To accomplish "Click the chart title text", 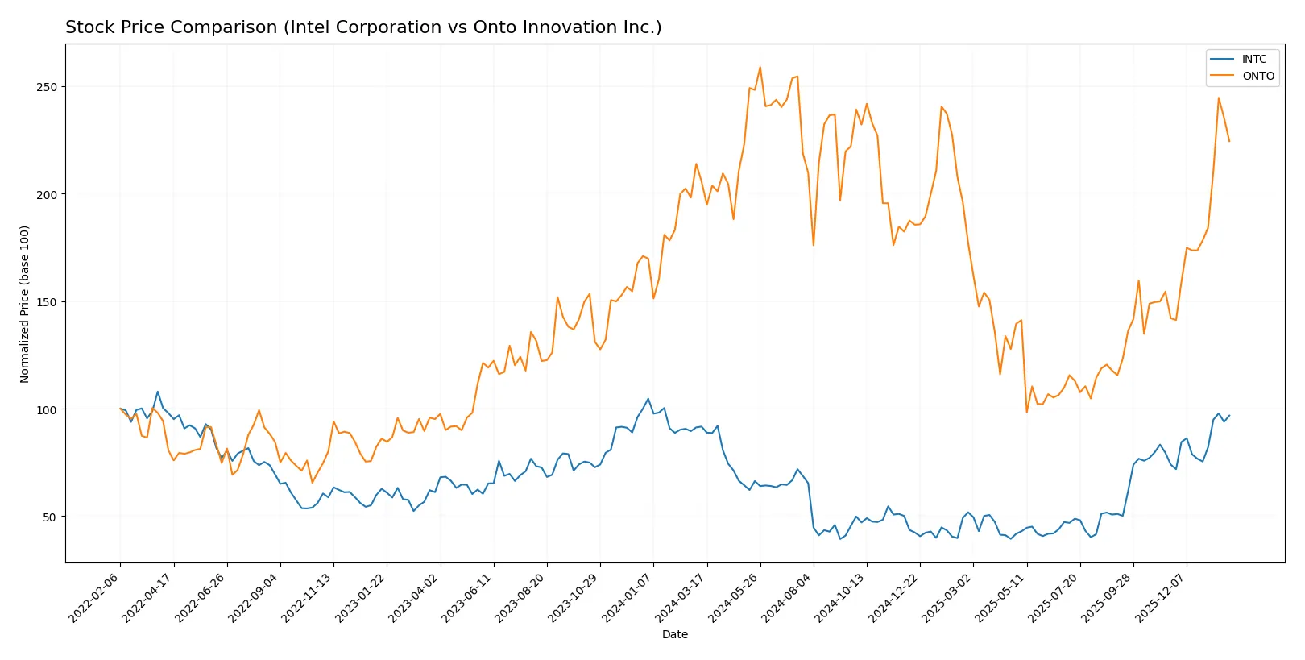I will click(x=363, y=27).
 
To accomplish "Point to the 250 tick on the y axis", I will click(x=47, y=87).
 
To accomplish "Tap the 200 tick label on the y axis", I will click(x=47, y=194).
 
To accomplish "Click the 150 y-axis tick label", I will click(x=47, y=302).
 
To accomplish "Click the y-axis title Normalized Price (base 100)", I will click(x=25, y=304).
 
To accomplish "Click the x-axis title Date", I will click(x=674, y=634).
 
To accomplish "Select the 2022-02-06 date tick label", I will click(x=95, y=597).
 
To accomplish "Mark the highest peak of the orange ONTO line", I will click(x=760, y=67).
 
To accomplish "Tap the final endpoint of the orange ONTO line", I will click(x=1229, y=142).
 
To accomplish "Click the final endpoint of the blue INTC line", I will click(x=1229, y=416).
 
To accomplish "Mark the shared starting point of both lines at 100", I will click(x=120, y=409).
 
